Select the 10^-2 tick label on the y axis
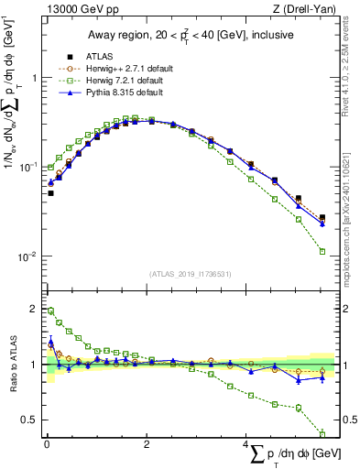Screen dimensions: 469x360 (27, 256)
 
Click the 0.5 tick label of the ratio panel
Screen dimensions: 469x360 (29, 420)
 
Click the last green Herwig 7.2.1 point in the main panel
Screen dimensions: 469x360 (322, 251)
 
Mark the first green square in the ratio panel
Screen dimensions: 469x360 (50, 311)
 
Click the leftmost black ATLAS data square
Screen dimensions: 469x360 (50, 193)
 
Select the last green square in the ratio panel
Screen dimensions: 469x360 (322, 433)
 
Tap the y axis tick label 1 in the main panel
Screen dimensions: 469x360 (33, 79)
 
